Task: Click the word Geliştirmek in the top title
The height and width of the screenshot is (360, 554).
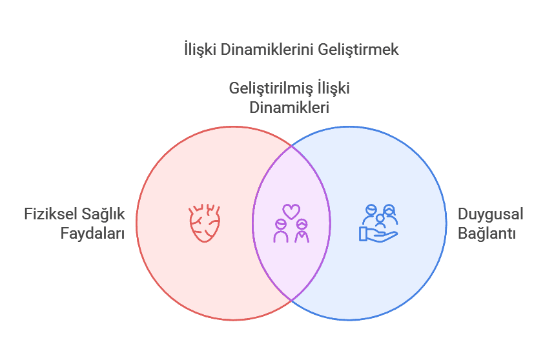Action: tap(358, 50)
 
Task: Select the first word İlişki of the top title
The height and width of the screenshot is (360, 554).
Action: tap(200, 49)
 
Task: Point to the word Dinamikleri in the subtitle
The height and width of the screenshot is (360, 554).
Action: tap(289, 107)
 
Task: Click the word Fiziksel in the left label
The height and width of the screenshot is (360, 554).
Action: tap(50, 214)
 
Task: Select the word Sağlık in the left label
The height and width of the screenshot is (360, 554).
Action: tap(103, 215)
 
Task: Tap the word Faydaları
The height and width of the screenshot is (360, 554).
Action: tap(92, 234)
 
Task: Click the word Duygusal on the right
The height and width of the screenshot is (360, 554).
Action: tap(491, 215)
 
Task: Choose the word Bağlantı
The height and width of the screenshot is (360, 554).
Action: tap(487, 234)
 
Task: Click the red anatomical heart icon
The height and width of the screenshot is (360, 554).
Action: tap(205, 223)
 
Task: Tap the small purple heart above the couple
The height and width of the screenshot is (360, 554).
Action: tap(291, 212)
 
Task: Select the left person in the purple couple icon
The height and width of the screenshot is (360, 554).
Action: tap(281, 231)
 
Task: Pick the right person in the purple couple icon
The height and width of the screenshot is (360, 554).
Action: tap(302, 231)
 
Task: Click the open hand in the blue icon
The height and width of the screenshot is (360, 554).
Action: tap(378, 235)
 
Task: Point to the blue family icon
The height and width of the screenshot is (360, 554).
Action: tap(379, 223)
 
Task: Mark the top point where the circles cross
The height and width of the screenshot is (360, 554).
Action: tap(291, 145)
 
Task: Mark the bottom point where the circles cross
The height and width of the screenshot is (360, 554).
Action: tap(291, 301)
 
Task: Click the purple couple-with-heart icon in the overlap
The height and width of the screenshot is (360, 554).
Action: tap(291, 223)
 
